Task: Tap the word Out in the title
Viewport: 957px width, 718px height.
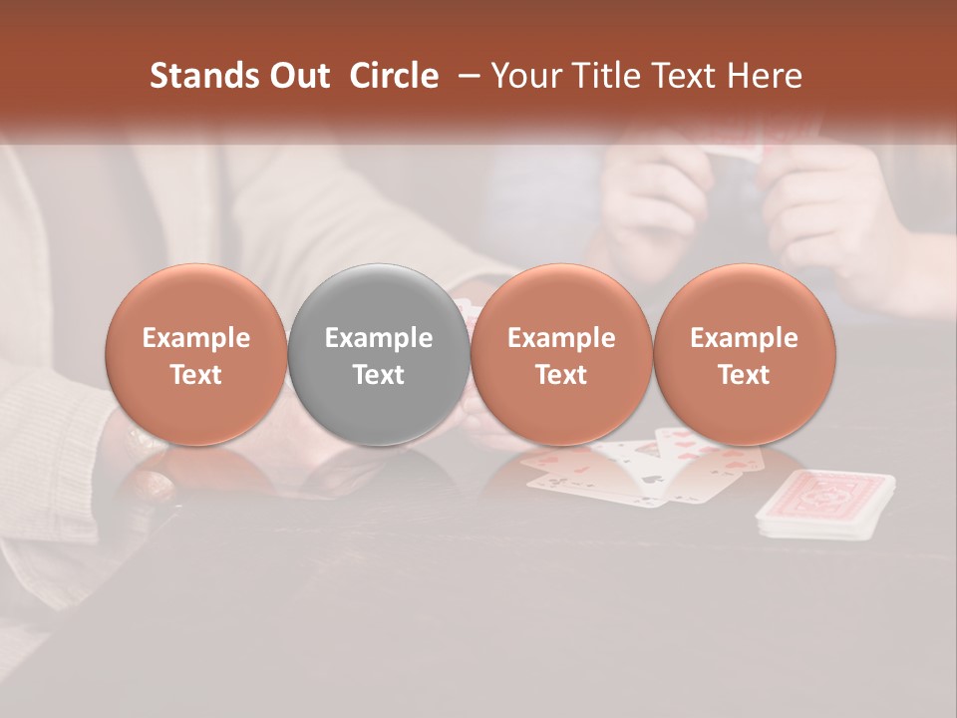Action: point(297,76)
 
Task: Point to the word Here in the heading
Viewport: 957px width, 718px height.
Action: point(765,76)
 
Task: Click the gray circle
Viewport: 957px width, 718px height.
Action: point(379,354)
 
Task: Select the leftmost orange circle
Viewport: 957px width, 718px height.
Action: point(196,354)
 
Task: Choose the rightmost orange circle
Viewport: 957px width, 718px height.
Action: point(744,354)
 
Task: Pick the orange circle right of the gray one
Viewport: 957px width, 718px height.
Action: point(561,354)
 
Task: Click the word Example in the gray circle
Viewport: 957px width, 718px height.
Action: point(379,338)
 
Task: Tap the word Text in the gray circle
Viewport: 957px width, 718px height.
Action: point(379,375)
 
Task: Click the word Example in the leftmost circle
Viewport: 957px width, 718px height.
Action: point(196,338)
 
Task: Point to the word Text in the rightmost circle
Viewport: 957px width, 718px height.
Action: point(744,375)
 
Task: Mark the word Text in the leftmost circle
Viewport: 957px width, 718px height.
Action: point(196,375)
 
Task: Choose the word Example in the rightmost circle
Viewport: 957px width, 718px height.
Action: point(744,338)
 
